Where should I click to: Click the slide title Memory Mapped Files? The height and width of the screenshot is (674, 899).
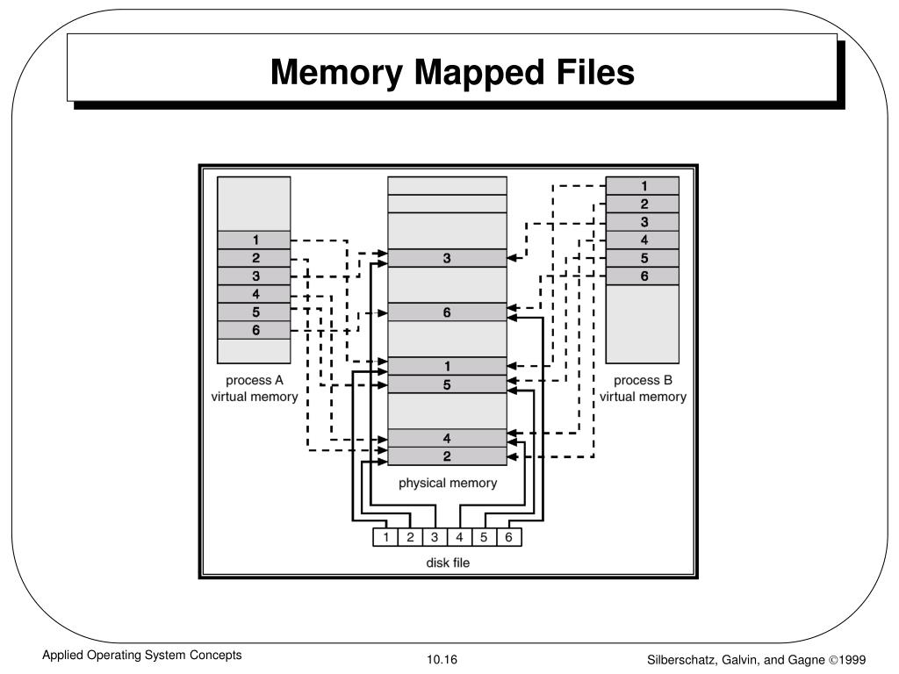[x=452, y=72]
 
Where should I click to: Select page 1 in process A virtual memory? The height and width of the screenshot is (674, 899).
[x=255, y=240]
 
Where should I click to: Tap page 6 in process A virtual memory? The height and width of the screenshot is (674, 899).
[x=255, y=330]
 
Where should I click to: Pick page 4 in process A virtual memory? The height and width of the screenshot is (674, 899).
[x=255, y=294]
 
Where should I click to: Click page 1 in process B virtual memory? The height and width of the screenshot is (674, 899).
[x=643, y=185]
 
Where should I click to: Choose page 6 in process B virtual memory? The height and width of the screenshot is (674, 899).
[x=643, y=276]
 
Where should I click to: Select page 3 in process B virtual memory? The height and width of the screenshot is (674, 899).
[x=643, y=221]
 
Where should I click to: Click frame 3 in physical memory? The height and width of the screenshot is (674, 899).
[x=447, y=258]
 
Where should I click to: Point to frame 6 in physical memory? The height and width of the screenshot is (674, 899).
[x=447, y=312]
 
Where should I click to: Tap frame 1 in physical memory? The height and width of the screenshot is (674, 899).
[x=447, y=366]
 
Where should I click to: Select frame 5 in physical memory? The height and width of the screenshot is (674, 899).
[x=447, y=384]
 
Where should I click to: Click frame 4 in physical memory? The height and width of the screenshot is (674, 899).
[x=447, y=438]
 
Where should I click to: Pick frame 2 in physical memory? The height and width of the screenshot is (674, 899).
[x=447, y=456]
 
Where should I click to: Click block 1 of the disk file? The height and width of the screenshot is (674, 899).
[x=385, y=537]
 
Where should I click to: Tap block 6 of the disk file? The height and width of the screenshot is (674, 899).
[x=508, y=537]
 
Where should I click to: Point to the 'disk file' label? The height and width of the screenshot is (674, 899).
[x=448, y=563]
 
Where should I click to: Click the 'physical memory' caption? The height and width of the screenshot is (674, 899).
[x=448, y=483]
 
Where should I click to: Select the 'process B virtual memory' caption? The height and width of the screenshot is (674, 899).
[x=643, y=388]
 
